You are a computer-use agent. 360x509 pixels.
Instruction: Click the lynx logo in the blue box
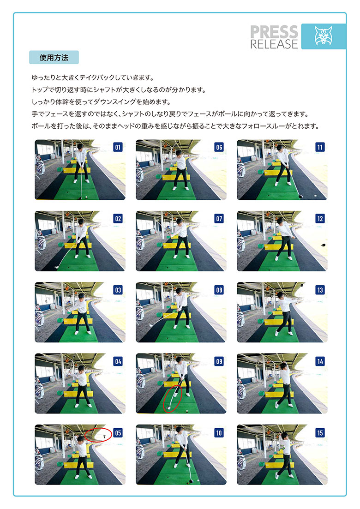click(x=324, y=36)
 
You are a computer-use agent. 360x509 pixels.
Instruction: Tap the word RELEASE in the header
click(x=274, y=44)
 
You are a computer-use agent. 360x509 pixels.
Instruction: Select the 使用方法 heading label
click(x=54, y=58)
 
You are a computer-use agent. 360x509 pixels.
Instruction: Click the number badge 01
click(x=118, y=147)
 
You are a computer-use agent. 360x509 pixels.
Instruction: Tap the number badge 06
click(x=219, y=147)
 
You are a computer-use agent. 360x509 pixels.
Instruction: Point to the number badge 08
click(x=219, y=290)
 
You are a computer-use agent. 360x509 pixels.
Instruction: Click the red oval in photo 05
click(x=99, y=435)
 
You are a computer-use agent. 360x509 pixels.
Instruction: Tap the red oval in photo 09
click(x=173, y=398)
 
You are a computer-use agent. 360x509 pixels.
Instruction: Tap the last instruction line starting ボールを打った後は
click(x=175, y=126)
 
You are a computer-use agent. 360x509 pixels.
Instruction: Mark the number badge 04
click(x=118, y=361)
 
